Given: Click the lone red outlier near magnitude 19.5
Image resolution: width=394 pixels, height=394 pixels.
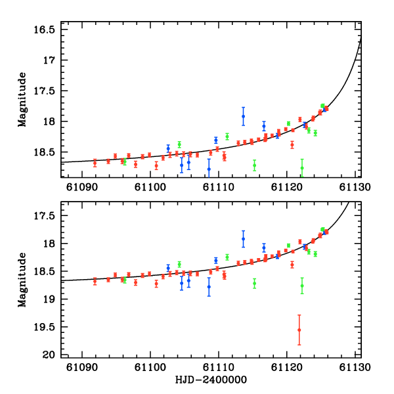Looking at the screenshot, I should (299, 330).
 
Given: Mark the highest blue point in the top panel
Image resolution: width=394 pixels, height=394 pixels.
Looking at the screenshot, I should (243, 116).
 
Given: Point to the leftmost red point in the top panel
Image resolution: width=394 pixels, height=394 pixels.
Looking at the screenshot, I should (95, 162).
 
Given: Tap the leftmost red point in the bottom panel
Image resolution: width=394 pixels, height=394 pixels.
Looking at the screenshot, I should (95, 280).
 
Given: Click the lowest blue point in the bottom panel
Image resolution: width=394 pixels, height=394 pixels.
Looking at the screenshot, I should (209, 287).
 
